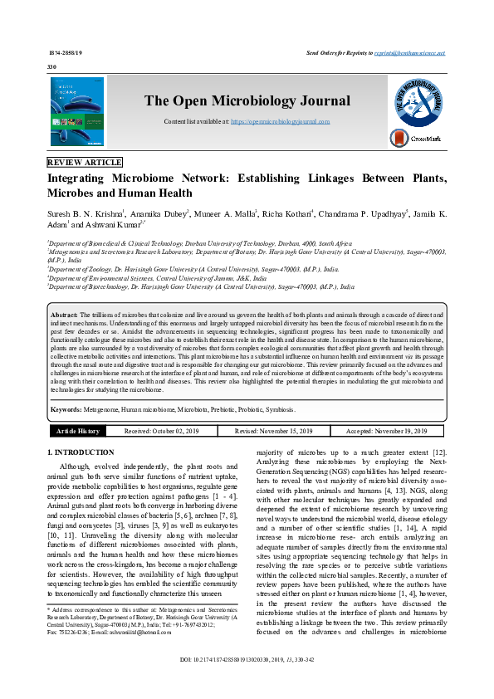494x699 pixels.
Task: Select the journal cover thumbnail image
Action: (77, 112)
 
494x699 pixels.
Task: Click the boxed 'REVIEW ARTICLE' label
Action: (85, 162)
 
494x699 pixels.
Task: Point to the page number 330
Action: (52, 66)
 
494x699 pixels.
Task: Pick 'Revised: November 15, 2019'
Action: (274, 432)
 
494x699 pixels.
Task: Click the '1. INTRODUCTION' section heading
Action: (81, 452)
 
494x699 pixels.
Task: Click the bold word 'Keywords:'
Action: (66, 410)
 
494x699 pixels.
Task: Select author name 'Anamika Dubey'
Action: (164, 213)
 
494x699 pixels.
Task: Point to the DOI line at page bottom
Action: (247, 682)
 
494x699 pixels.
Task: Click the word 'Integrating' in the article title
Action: (81, 178)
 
